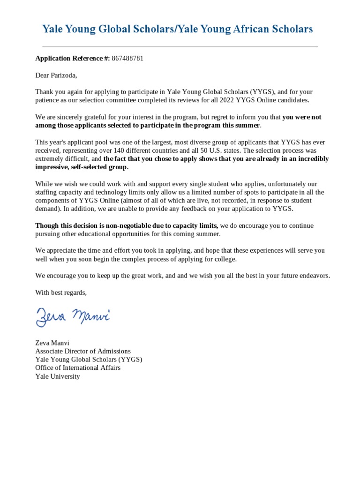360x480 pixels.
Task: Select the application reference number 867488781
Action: [127, 59]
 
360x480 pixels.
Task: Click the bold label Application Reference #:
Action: [72, 59]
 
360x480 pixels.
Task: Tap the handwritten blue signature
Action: [73, 316]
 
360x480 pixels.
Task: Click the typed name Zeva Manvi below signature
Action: [52, 343]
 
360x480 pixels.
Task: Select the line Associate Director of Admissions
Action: [83, 351]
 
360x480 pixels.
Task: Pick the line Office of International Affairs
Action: [78, 368]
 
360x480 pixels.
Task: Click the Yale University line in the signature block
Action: [58, 376]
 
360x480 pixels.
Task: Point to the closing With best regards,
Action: [61, 292]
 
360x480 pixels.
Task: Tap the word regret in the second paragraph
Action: [216, 117]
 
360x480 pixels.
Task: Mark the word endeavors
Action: [314, 276]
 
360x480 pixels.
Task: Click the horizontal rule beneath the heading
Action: [180, 47]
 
